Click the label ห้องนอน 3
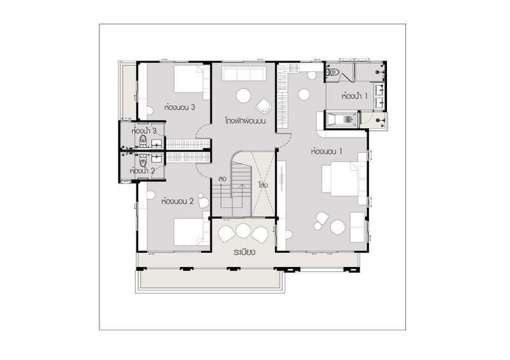180,107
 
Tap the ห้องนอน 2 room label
178,201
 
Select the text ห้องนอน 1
326,151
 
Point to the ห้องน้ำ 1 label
354,96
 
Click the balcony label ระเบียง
244,252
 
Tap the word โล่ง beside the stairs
263,185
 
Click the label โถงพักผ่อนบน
245,121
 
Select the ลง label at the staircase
222,178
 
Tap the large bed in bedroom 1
344,179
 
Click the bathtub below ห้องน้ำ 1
342,119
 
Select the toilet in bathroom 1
333,72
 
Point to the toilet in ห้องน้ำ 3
143,141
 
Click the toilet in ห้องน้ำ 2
143,159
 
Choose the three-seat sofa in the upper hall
244,73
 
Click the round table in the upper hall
244,96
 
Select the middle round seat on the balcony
244,230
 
